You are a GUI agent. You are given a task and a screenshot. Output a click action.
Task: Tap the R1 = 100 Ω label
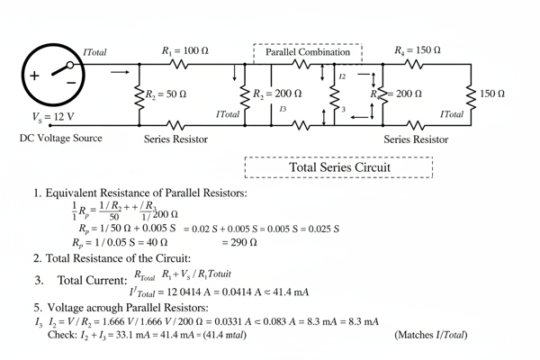[184, 51]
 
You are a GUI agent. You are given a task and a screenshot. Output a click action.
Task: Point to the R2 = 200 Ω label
[277, 94]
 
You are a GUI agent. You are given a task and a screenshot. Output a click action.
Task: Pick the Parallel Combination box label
[308, 52]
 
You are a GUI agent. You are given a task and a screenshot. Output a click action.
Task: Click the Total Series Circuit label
[339, 167]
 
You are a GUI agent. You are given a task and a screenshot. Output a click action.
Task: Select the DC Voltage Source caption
[60, 139]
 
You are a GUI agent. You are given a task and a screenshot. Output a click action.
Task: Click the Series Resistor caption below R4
[416, 139]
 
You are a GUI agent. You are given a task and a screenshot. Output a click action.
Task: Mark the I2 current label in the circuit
[342, 78]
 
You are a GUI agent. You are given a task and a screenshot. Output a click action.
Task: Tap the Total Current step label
[85, 280]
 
